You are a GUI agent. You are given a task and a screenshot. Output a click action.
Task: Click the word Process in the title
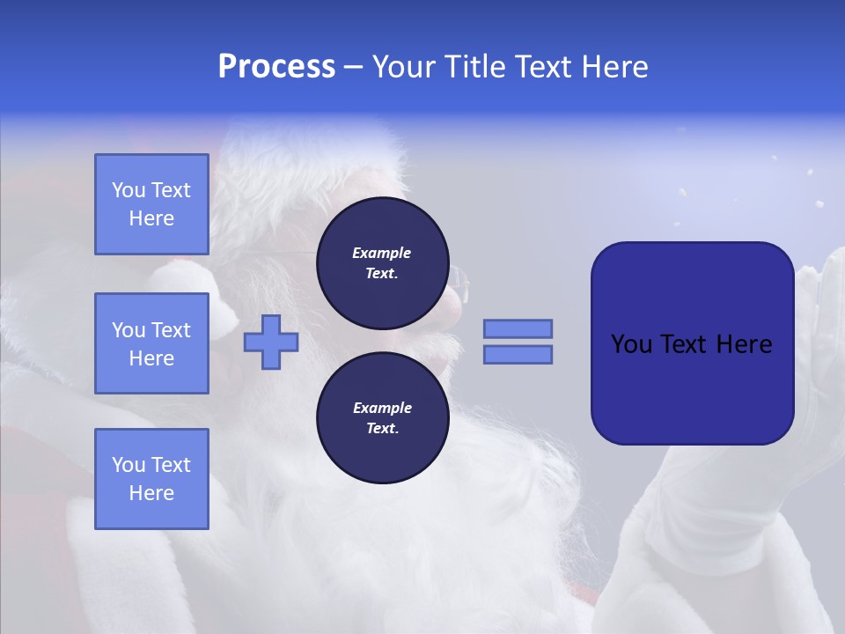[x=276, y=67]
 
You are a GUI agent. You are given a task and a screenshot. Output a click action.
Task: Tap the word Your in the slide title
[x=405, y=67]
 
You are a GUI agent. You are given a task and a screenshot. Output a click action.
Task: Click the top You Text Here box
[x=151, y=204]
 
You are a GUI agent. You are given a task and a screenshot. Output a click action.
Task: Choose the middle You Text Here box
[x=151, y=343]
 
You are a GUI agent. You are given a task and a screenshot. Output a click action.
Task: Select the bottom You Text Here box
[x=151, y=478]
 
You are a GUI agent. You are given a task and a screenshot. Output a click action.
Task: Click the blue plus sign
[x=270, y=342]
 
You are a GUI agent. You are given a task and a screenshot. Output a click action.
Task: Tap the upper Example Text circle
[x=381, y=262]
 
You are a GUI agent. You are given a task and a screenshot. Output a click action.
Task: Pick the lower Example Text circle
[x=381, y=418]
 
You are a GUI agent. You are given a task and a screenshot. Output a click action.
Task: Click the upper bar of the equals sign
[x=518, y=328]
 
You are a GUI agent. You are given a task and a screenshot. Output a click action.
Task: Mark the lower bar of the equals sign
[x=518, y=354]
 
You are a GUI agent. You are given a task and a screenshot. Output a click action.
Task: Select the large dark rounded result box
[x=692, y=343]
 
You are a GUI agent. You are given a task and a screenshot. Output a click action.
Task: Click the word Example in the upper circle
[x=381, y=253]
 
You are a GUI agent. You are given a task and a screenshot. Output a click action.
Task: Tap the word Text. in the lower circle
[x=381, y=429]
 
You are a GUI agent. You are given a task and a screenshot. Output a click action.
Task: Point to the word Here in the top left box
[x=151, y=218]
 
